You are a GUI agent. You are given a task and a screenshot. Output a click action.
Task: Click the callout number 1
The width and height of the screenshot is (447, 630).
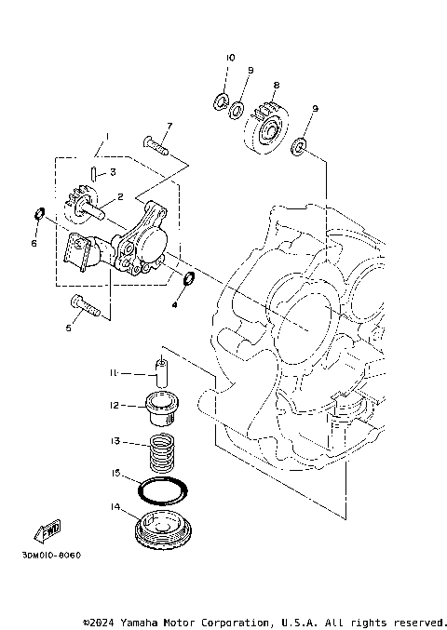[105, 137]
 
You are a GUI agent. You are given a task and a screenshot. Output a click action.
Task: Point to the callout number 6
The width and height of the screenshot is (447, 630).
[34, 244]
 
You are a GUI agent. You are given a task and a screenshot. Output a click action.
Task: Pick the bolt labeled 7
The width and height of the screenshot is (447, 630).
[155, 142]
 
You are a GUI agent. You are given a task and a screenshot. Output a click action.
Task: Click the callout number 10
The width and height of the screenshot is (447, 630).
[228, 58]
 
